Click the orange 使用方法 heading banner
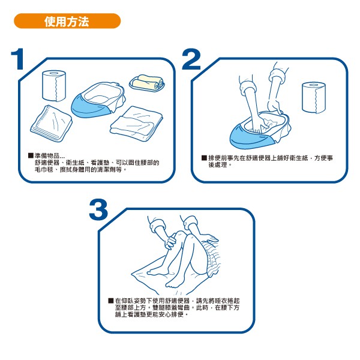tap(67, 21)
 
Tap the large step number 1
tap(18, 59)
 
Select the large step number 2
tap(191, 59)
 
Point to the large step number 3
tap(98, 209)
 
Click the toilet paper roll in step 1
tap(54, 86)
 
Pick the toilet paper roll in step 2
tap(314, 98)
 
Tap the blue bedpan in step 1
tap(98, 100)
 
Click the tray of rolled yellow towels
tap(147, 83)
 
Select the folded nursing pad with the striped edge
tap(51, 124)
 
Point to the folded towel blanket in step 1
tap(136, 124)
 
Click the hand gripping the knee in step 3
tap(171, 241)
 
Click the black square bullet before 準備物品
tap(31, 155)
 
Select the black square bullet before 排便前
tap(204, 158)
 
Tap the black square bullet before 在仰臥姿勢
tap(110, 301)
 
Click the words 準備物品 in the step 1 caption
tap(47, 155)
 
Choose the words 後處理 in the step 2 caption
tap(218, 165)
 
